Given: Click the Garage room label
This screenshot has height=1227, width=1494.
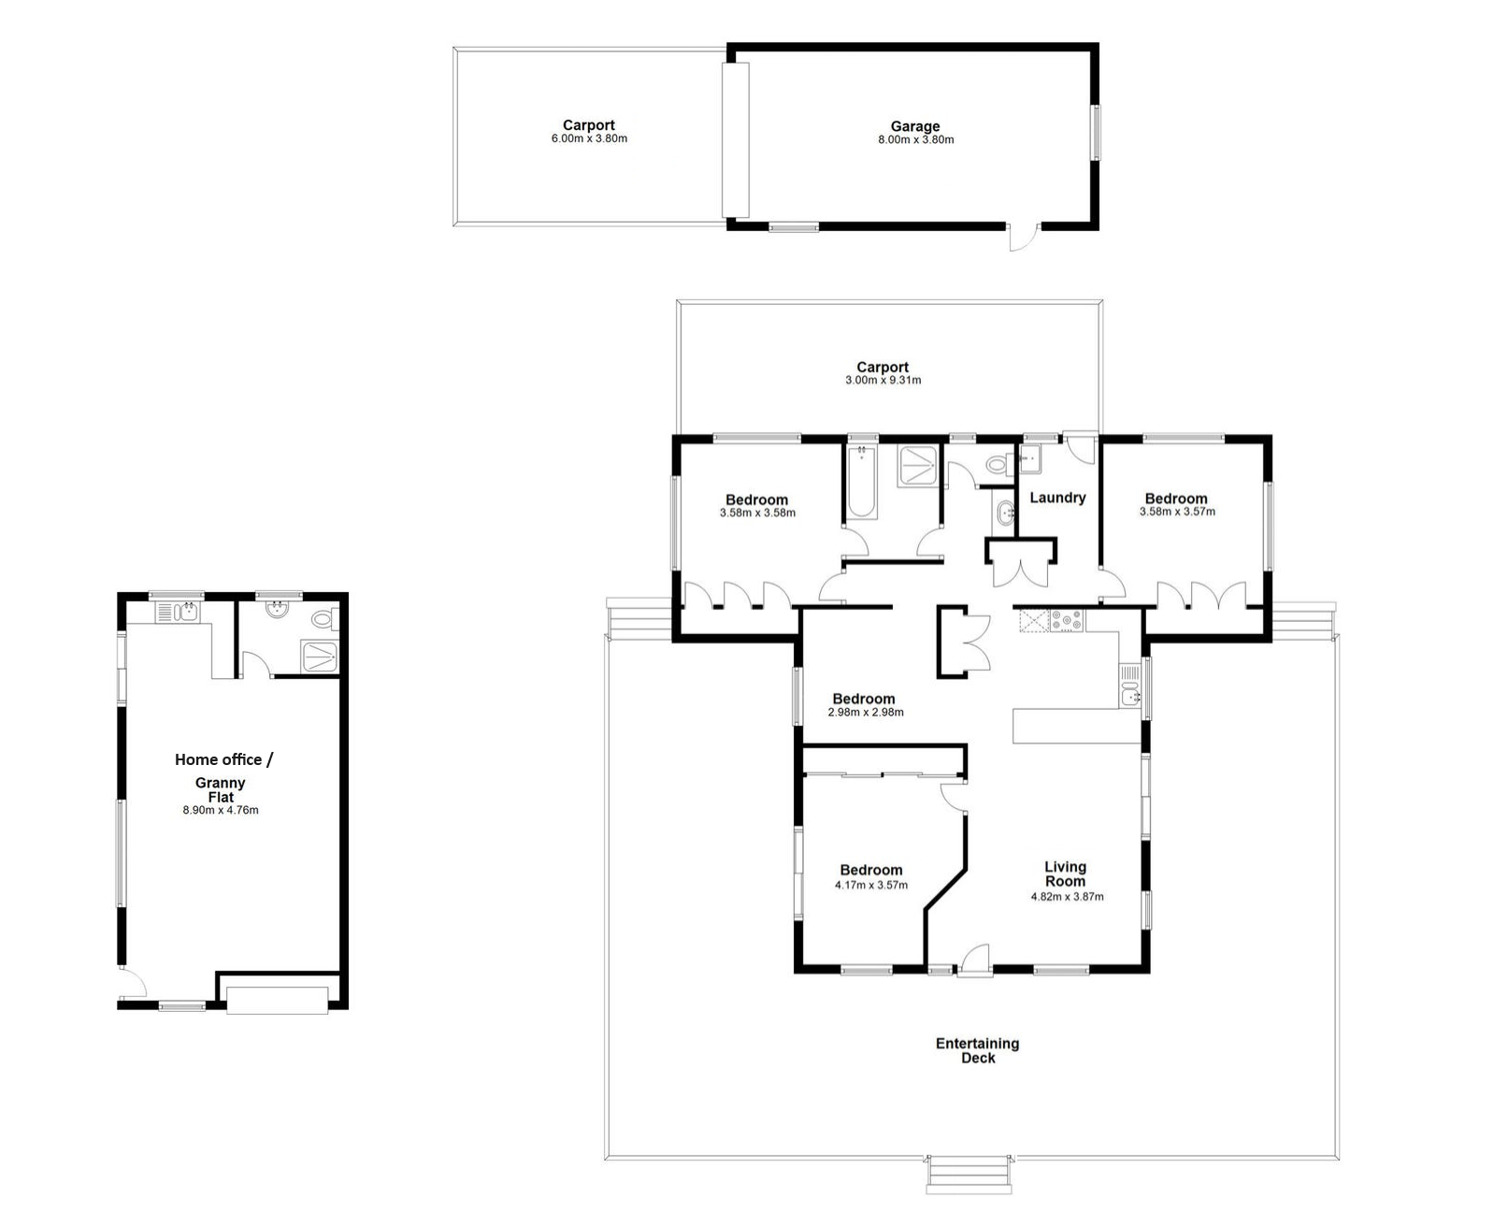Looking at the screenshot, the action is (914, 126).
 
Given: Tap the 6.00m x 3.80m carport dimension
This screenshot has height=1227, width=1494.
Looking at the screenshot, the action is (589, 139).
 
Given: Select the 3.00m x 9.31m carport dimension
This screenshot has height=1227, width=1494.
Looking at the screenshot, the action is (883, 380).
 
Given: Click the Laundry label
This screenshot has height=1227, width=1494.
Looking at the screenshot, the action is (1056, 498).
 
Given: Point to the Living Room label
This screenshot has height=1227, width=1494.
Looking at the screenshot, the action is (1065, 874).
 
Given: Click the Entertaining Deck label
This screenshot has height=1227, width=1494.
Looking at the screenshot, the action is (978, 1050).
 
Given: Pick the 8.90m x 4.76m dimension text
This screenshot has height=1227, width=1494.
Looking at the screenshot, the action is (221, 810).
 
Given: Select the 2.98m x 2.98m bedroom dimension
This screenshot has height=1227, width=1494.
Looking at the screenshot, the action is (866, 713).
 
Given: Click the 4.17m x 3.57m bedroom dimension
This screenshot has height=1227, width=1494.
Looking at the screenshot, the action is (870, 885).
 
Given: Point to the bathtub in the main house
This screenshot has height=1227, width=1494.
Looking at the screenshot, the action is (861, 482).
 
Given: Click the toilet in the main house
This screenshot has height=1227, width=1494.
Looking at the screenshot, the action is (998, 465).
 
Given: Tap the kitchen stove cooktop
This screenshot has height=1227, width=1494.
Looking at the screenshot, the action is (1066, 621).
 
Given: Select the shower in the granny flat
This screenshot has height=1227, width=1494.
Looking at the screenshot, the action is (320, 657).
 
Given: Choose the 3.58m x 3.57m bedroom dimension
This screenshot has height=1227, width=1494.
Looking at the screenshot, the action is (1177, 512).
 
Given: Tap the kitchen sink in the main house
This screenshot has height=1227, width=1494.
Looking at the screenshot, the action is (1130, 686).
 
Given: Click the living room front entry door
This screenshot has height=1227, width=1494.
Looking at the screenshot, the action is (975, 959).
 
